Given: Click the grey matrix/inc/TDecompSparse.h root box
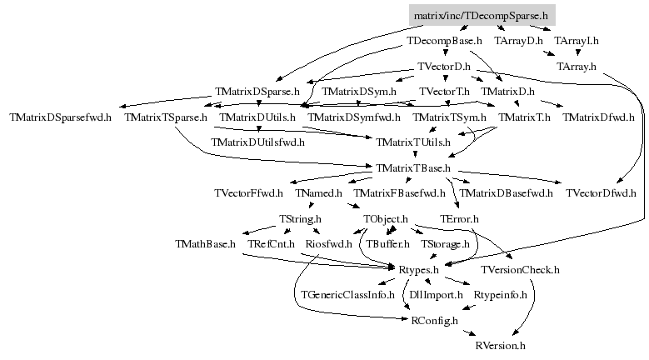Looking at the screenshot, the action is pos(482,15).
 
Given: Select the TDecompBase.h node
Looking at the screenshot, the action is pos(444,41).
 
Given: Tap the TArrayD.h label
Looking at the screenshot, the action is pos(518,41).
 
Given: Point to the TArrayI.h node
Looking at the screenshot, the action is pos(577,41).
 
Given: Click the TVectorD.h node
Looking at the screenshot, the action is pos(444,66).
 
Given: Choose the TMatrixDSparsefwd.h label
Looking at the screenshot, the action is pos(61,117).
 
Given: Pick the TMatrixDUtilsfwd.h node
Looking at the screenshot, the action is pos(258,142).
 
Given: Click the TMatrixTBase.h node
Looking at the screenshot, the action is pos(413,168).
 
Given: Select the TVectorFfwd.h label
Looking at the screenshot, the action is pos(249,193).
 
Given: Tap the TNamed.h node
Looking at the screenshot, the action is pos(319,193).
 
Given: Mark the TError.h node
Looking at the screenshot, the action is pos(459,219).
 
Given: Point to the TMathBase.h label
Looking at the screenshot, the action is pos(205,244).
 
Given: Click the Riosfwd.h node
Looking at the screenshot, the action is pos(328,244).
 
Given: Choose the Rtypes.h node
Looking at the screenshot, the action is pos(418,270).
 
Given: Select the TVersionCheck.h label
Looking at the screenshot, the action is pos(520,270).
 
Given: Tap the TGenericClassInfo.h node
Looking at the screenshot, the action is pos(347,295).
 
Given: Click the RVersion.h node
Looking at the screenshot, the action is pos(501,346).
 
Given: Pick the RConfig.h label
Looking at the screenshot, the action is pos(435,321).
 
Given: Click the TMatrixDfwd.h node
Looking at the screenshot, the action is pos(598,117).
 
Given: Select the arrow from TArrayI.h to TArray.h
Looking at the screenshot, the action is pos(578,52).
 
